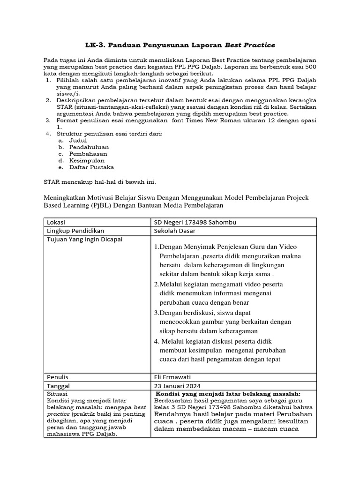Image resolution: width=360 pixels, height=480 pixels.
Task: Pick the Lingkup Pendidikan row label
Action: [x=75, y=231]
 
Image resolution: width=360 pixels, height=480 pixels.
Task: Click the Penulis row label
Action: [x=58, y=376]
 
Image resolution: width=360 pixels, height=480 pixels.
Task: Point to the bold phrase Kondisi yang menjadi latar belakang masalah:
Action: [x=228, y=394]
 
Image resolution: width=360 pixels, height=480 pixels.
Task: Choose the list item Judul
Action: [x=78, y=140]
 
